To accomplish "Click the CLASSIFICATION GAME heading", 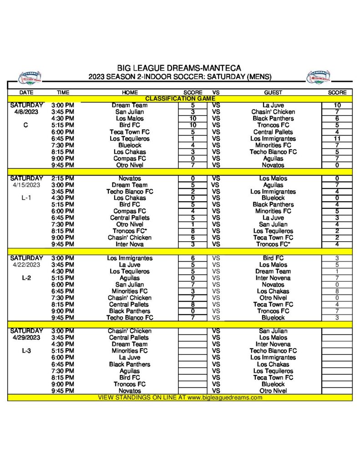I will click(x=180, y=98).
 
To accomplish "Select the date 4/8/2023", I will click(x=26, y=112).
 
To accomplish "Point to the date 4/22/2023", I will click(x=26, y=264).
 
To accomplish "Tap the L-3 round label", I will click(x=26, y=351).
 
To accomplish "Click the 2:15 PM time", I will click(x=63, y=178).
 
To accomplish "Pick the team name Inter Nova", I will click(x=130, y=244).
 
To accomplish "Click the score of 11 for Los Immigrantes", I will click(x=337, y=138).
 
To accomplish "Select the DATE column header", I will click(x=26, y=92).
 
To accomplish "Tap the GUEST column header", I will click(x=273, y=92).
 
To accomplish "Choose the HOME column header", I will click(x=130, y=92).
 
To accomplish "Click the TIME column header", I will click(x=63, y=92).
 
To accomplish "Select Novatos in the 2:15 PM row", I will click(x=130, y=178).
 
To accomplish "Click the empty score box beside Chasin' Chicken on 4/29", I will click(x=193, y=331).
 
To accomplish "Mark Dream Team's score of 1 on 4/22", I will click(x=337, y=271).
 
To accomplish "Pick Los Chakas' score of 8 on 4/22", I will click(x=337, y=291).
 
